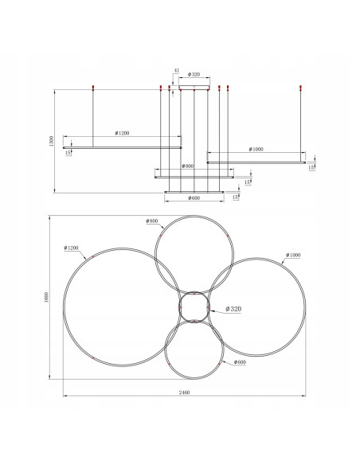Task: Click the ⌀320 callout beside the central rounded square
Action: tap(233, 308)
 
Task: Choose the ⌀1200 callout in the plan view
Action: tap(72, 249)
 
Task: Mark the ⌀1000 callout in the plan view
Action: tap(292, 255)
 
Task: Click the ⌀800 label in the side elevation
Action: tap(188, 166)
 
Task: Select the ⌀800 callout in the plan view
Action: tap(153, 221)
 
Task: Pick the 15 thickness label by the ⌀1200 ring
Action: tap(69, 151)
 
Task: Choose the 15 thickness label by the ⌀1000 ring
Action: tap(312, 168)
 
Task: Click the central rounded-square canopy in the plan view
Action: tap(194, 307)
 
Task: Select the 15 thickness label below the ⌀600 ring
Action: tap(235, 196)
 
